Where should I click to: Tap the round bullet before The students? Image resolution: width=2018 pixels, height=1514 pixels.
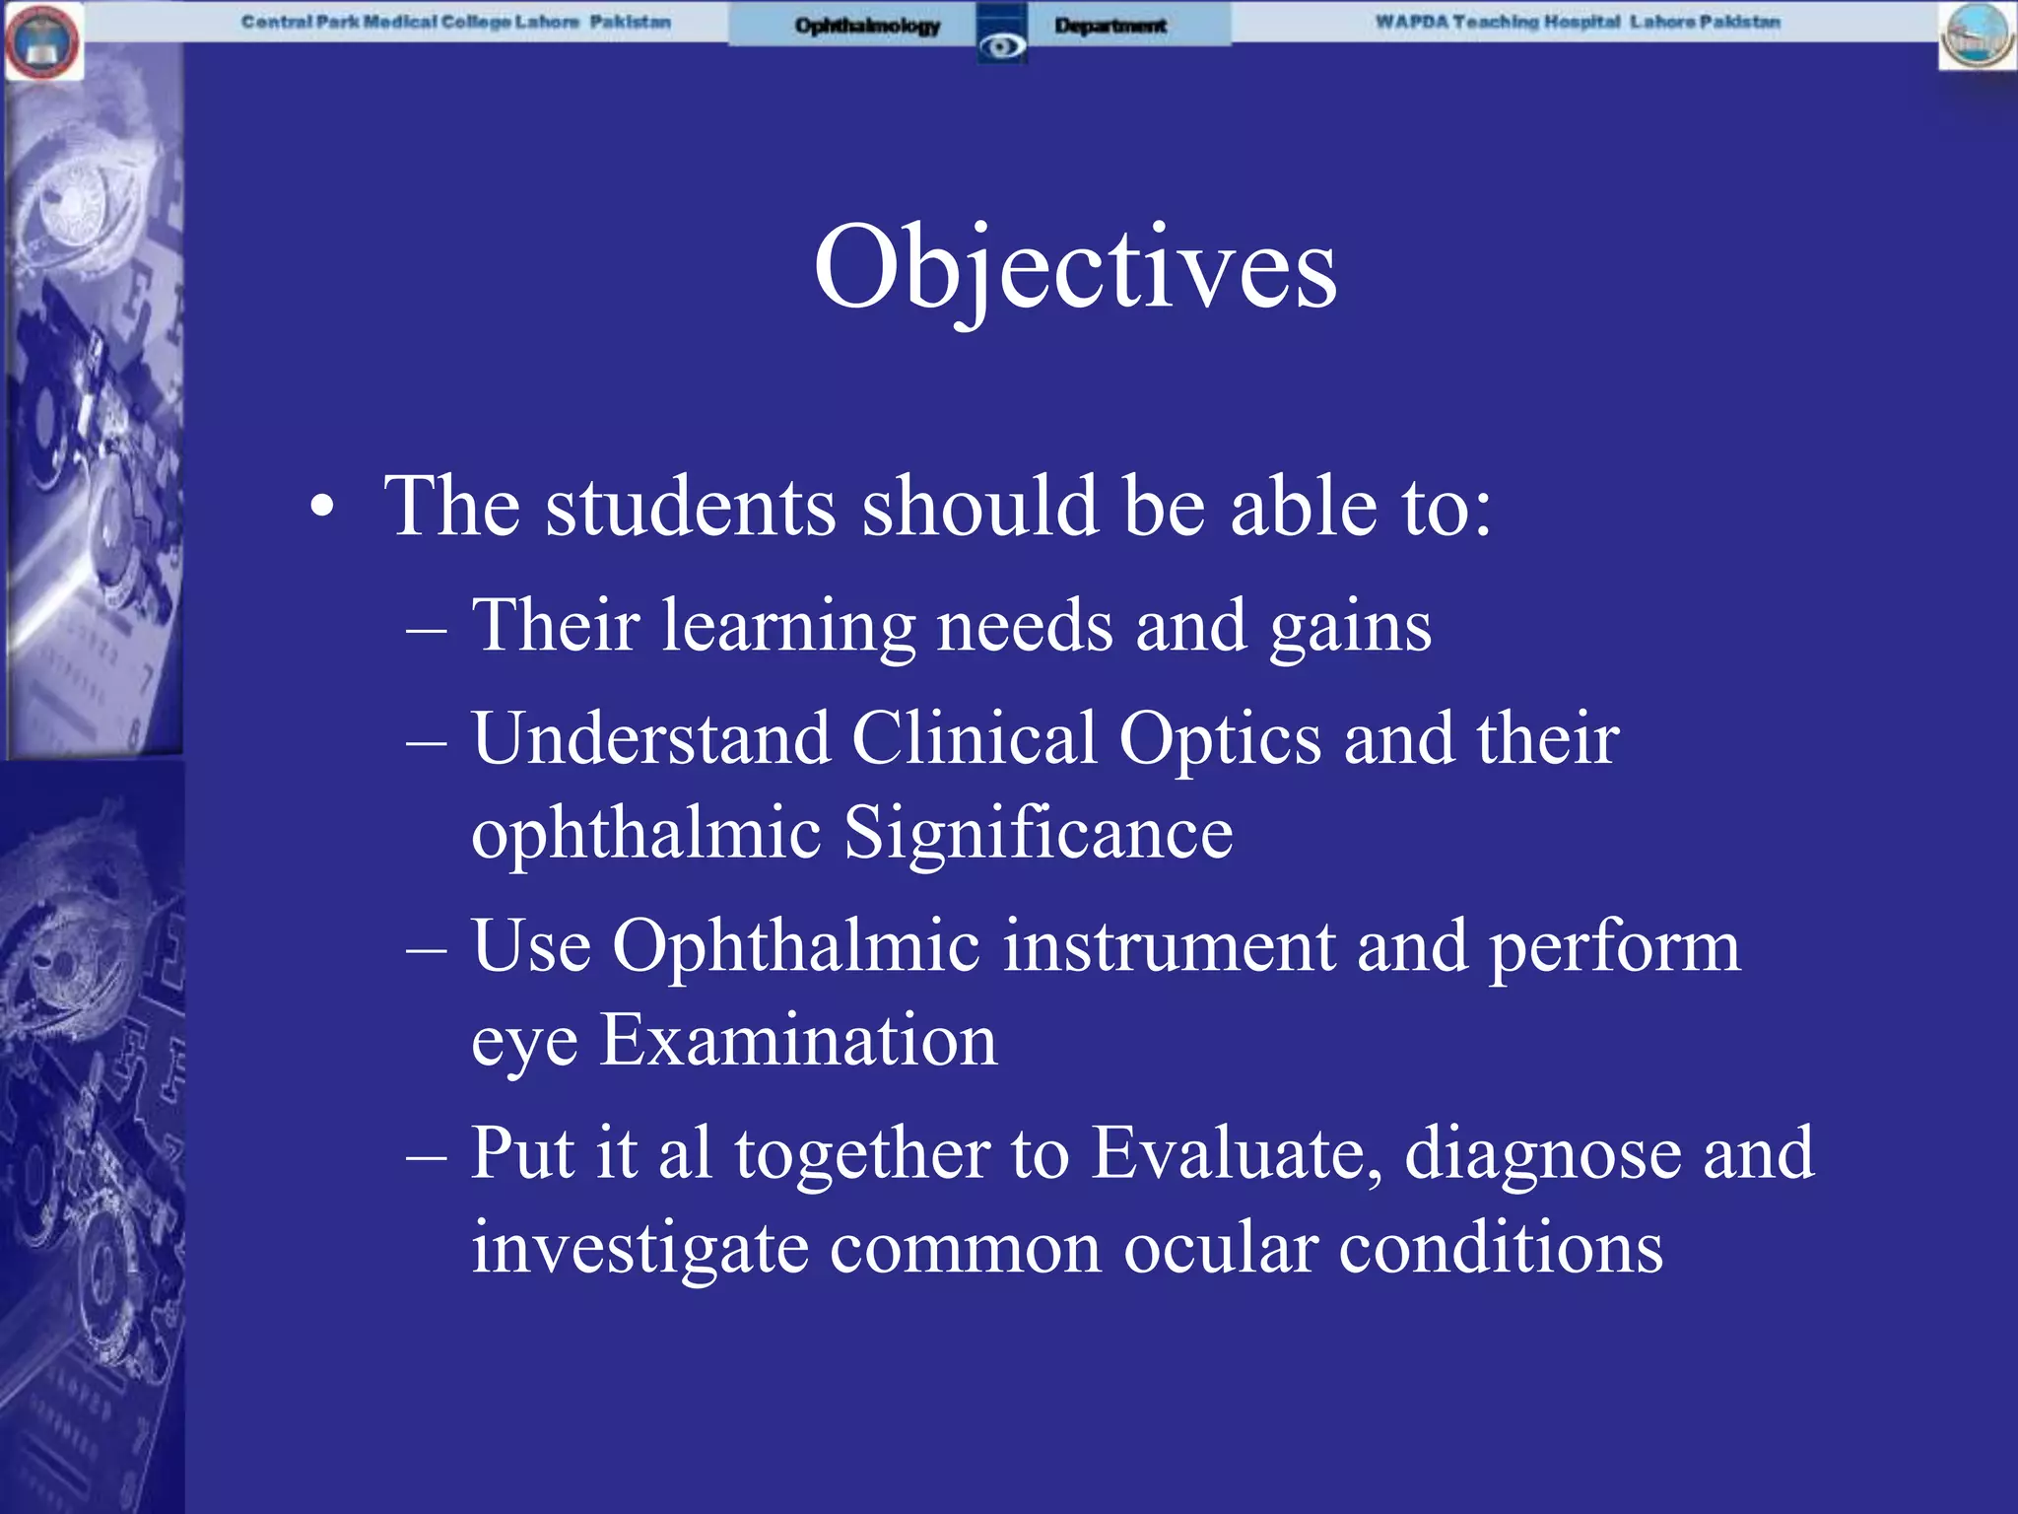pyautogui.click(x=322, y=509)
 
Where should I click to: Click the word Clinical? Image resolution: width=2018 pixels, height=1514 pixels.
pyautogui.click(x=974, y=739)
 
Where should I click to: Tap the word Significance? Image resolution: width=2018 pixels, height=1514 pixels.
pyautogui.click(x=1039, y=834)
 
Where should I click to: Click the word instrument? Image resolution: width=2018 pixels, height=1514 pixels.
pyautogui.click(x=1169, y=946)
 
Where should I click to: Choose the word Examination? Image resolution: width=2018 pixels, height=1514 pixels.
pyautogui.click(x=799, y=1041)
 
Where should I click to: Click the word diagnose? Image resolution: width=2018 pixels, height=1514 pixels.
pyautogui.click(x=1543, y=1153)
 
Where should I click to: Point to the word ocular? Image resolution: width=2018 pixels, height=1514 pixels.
pyautogui.click(x=1220, y=1248)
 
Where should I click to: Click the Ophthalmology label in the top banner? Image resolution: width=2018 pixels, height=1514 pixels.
pyautogui.click(x=867, y=26)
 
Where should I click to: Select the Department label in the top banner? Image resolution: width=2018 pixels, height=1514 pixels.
pyautogui.click(x=1110, y=26)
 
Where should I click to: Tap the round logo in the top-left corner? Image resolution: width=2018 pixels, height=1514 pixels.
pyautogui.click(x=42, y=40)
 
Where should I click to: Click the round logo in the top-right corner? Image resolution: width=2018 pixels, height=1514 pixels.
pyautogui.click(x=1977, y=35)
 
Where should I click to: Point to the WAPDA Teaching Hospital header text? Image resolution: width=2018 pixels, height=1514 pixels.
pyautogui.click(x=1577, y=22)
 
